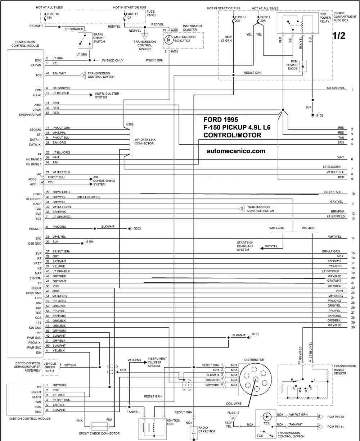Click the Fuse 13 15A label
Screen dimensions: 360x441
pos(53,16)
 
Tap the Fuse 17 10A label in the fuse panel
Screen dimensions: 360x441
pos(132,16)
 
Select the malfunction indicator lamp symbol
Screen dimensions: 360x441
pos(169,40)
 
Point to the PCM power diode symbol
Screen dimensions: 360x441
pos(303,67)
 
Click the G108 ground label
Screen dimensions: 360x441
pos(319,115)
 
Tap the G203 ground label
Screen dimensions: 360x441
pos(137,228)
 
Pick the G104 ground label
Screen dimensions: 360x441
pos(90,242)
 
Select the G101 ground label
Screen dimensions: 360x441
pos(255,335)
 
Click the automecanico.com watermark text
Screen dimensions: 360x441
pos(236,151)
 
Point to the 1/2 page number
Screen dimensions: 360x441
pos(339,36)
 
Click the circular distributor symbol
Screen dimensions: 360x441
pos(255,379)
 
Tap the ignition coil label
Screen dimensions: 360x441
pos(174,422)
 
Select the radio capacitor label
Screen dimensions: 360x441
pos(207,429)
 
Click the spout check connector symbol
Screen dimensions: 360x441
pos(100,426)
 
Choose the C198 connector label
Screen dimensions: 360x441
pos(130,124)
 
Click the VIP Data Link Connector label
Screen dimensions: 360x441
pos(145,142)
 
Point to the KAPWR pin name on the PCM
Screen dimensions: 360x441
pos(36,65)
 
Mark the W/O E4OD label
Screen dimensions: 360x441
pos(277,228)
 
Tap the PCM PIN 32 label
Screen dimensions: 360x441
pos(336,417)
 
